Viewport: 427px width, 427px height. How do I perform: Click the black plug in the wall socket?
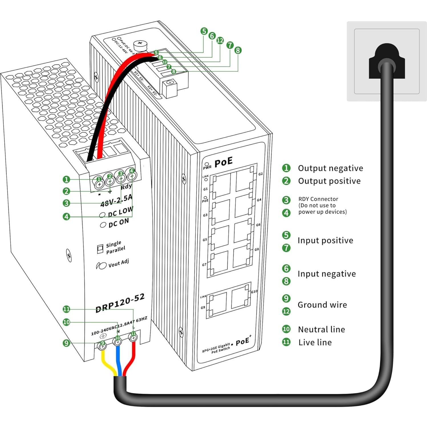pyautogui.click(x=386, y=61)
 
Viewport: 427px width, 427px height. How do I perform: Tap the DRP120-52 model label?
pyautogui.click(x=120, y=303)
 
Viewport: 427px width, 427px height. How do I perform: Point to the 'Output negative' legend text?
pyautogui.click(x=330, y=168)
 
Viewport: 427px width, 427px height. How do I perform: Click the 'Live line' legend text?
pyautogui.click(x=315, y=342)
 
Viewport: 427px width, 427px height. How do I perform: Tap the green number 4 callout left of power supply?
pyautogui.click(x=66, y=216)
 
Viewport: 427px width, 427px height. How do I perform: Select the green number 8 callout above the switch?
pyautogui.click(x=238, y=50)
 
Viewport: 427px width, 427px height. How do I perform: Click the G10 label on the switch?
pyautogui.click(x=254, y=292)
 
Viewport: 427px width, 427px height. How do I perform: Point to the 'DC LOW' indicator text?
pyautogui.click(x=120, y=212)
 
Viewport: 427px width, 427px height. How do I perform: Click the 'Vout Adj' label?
pyautogui.click(x=118, y=263)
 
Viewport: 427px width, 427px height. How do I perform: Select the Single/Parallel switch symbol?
pyautogui.click(x=100, y=249)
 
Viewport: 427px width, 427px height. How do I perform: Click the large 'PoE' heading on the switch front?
pyautogui.click(x=223, y=162)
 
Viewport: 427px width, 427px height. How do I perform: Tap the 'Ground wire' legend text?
pyautogui.click(x=322, y=305)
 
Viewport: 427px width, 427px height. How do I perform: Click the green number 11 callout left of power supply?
pyautogui.click(x=66, y=309)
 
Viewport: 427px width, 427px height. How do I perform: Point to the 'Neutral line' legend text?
pyautogui.click(x=321, y=329)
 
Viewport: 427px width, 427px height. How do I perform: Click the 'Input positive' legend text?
pyautogui.click(x=325, y=240)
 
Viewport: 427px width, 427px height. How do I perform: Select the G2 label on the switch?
pyautogui.click(x=260, y=174)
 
